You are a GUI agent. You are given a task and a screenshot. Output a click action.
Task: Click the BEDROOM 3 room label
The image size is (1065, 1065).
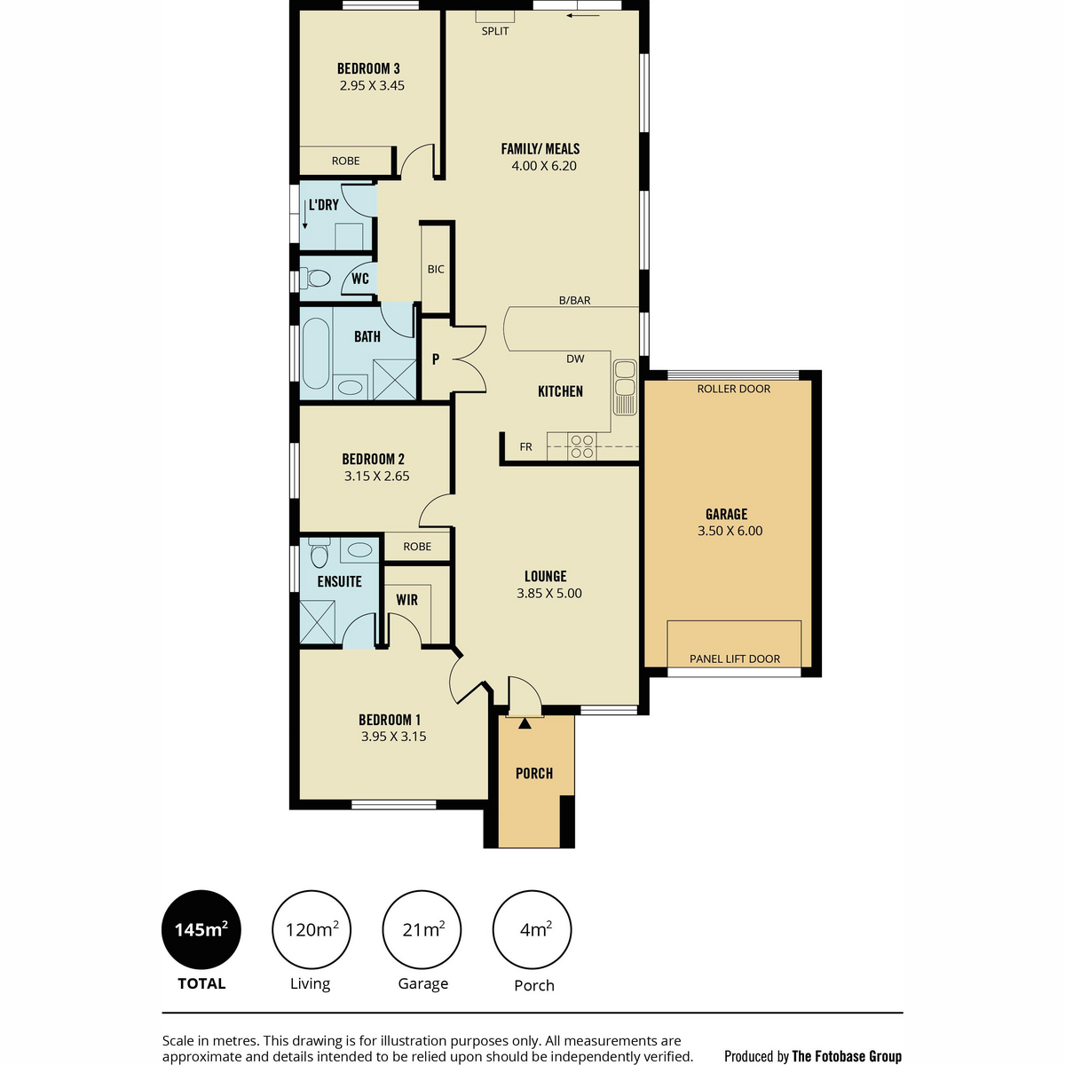(368, 68)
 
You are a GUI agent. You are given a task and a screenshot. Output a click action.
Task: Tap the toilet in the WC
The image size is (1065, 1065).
(315, 278)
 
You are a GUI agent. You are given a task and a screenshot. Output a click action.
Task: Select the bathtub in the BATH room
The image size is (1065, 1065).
(316, 353)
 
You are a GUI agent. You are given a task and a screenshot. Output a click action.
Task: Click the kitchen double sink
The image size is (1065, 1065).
(625, 387)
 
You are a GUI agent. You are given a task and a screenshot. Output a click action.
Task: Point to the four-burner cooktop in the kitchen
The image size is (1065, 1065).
(582, 446)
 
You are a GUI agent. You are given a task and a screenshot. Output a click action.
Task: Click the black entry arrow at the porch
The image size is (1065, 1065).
(525, 723)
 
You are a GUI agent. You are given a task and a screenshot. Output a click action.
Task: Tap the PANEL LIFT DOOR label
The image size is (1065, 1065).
(735, 659)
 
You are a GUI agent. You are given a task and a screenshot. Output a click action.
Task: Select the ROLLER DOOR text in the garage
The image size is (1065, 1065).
(733, 389)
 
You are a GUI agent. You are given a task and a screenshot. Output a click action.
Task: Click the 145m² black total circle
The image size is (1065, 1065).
(201, 929)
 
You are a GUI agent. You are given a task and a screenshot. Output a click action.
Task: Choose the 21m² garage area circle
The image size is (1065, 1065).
(422, 929)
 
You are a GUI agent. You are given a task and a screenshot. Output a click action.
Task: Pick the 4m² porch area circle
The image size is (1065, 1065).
(532, 929)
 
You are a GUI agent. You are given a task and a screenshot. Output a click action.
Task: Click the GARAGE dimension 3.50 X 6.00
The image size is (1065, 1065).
(730, 531)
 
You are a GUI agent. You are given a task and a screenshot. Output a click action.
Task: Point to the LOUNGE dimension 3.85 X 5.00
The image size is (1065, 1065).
(548, 594)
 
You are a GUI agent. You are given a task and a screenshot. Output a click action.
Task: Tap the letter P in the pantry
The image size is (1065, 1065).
(436, 359)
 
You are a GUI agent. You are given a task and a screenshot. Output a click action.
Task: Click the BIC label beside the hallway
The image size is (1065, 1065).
(436, 269)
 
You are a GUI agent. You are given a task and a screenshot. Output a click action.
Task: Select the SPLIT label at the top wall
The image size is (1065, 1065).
(494, 31)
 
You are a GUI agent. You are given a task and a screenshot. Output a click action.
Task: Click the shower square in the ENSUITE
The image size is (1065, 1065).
(317, 622)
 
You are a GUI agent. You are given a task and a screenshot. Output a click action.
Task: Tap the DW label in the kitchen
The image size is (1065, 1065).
(575, 359)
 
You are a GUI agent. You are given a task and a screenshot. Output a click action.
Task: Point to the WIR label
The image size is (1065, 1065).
(406, 600)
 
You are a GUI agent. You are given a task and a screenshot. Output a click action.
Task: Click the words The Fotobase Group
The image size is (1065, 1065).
(847, 1056)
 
